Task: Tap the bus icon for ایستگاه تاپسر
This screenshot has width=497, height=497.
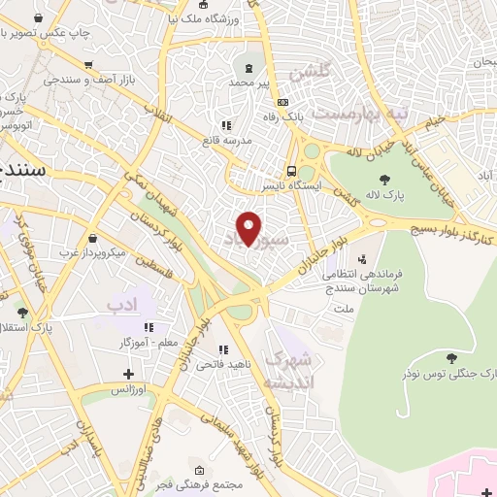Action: tap(291, 171)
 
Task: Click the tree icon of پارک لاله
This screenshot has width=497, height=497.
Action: tap(385, 180)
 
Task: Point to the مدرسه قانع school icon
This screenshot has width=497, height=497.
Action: tap(226, 125)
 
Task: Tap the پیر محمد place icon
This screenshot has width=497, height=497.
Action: tap(249, 67)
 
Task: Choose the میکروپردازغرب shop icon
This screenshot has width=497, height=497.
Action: tap(92, 239)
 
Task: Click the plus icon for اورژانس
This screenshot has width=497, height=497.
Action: tap(128, 374)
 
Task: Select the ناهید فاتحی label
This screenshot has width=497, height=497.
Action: tap(195, 364)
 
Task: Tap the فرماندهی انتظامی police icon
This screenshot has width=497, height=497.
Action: tap(362, 259)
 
